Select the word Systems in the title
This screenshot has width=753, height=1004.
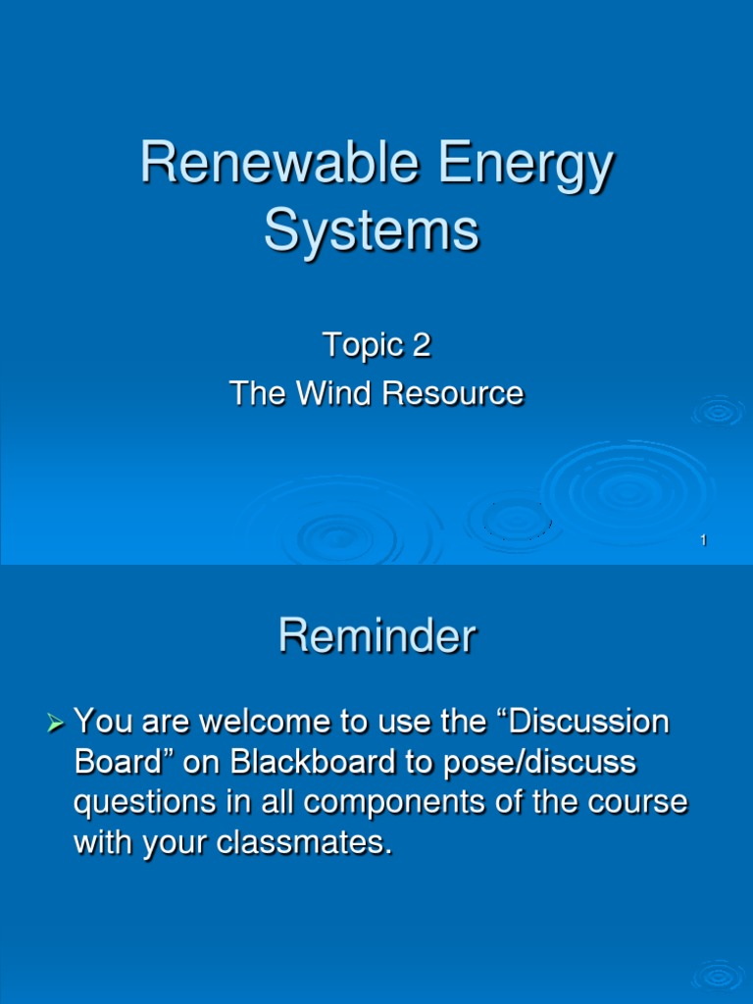tap(373, 232)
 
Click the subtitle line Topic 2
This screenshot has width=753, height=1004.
tap(376, 345)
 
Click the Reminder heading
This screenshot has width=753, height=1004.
tap(376, 637)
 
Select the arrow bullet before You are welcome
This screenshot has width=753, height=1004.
tap(56, 726)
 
